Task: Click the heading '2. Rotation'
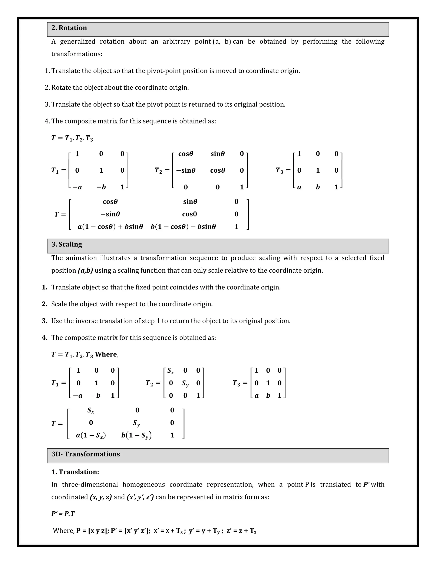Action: pyautogui.click(x=69, y=28)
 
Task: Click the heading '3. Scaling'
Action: pyautogui.click(x=67, y=244)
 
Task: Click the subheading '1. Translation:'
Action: pyautogui.click(x=75, y=472)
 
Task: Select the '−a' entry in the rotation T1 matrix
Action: pyautogui.click(x=77, y=187)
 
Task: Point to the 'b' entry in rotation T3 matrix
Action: pyautogui.click(x=318, y=187)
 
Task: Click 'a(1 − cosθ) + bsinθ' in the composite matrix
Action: pyautogui.click(x=110, y=227)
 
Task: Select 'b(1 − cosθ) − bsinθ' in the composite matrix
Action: pyautogui.click(x=183, y=227)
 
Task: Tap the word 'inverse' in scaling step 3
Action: pyautogui.click(x=110, y=321)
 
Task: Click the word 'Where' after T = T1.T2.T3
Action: pyautogui.click(x=106, y=354)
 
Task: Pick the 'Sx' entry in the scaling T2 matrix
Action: pyautogui.click(x=171, y=371)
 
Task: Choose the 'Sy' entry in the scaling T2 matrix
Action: pyautogui.click(x=185, y=384)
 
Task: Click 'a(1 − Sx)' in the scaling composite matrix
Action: pyautogui.click(x=91, y=435)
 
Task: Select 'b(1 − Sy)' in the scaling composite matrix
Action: pyautogui.click(x=136, y=435)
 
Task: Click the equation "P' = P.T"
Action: pyautogui.click(x=63, y=514)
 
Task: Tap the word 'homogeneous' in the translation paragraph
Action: pyautogui.click(x=144, y=484)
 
